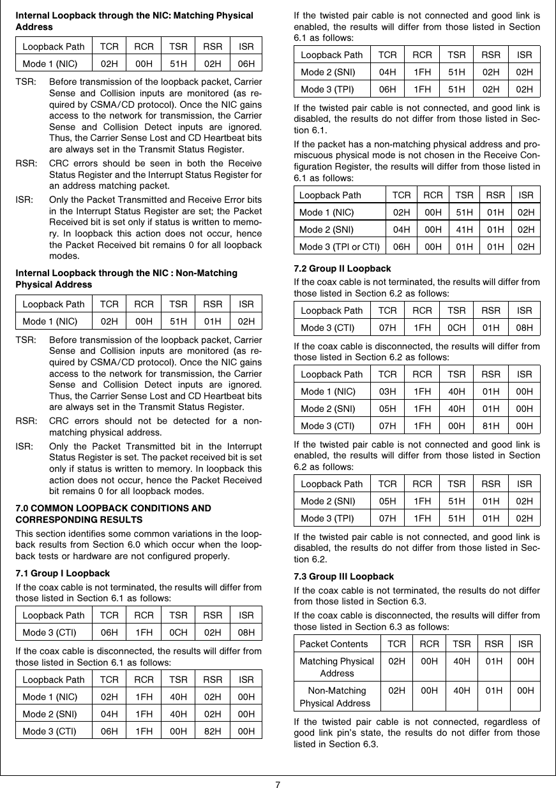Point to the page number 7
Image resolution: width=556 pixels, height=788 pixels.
(278, 783)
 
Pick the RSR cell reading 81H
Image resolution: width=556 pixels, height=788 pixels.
(491, 425)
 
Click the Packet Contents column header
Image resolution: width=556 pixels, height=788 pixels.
(334, 644)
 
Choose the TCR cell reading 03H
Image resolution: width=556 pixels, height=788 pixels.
(386, 391)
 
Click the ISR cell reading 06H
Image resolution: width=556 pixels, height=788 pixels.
(246, 64)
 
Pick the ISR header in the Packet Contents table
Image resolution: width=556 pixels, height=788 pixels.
(525, 644)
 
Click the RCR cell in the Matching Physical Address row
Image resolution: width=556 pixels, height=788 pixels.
(428, 662)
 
